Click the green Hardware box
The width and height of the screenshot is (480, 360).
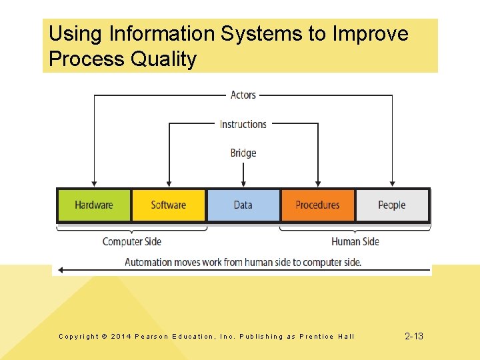(x=94, y=205)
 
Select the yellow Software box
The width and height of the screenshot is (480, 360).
(x=169, y=205)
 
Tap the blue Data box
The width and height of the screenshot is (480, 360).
(x=243, y=205)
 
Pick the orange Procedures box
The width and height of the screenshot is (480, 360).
(x=317, y=205)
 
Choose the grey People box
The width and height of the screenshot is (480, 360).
(x=391, y=205)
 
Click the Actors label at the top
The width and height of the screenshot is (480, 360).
(x=243, y=95)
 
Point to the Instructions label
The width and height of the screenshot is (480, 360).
(x=243, y=124)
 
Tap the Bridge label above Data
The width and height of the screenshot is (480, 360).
(x=243, y=153)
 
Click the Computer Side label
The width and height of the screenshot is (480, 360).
(x=132, y=241)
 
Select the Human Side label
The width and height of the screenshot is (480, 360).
(x=355, y=241)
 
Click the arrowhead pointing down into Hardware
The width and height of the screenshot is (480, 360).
(x=94, y=182)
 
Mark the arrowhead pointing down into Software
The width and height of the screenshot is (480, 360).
(x=169, y=182)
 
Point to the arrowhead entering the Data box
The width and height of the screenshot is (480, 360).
(x=243, y=182)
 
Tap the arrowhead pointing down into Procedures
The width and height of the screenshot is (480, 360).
(x=317, y=182)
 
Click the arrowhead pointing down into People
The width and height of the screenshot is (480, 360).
(x=392, y=182)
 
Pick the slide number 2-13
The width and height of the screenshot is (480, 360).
(x=414, y=336)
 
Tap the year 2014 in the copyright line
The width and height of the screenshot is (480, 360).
(x=121, y=337)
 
